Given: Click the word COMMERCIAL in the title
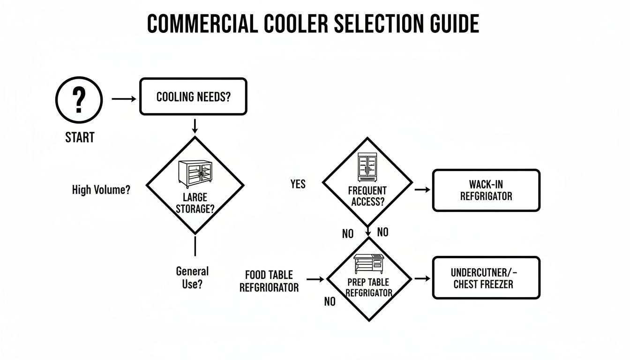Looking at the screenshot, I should (202, 23).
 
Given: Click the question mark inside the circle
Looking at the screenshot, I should (79, 99).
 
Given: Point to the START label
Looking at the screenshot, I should (80, 137).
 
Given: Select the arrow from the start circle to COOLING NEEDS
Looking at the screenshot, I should (124, 99).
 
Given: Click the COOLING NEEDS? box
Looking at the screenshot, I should (193, 97).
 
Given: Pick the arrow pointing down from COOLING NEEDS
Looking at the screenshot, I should (195, 126).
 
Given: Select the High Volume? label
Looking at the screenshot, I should (101, 190).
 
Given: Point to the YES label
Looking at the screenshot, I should (298, 184).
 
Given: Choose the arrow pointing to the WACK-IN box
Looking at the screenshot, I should (422, 189).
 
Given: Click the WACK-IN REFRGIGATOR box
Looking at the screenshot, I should (486, 190).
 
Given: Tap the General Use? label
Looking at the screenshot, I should (192, 277).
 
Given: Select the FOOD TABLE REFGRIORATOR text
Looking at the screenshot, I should (269, 281).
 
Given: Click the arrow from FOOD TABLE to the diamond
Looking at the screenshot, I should (315, 279).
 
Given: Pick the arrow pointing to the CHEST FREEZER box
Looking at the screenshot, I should (422, 278).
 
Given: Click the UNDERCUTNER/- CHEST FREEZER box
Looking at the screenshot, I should (486, 278).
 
